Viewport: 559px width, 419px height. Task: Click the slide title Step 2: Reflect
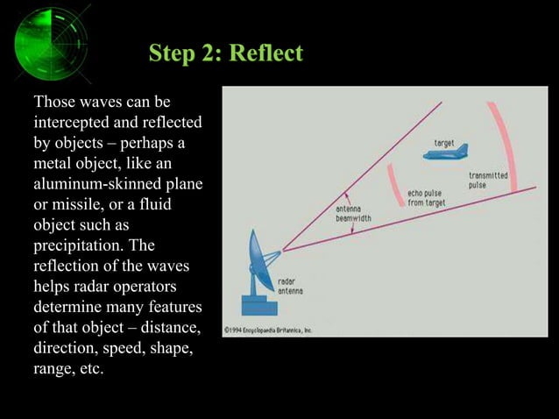[x=225, y=53]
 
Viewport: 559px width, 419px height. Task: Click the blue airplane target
[x=447, y=154]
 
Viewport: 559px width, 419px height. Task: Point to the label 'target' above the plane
[x=445, y=141]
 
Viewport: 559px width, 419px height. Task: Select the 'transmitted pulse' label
[x=488, y=181]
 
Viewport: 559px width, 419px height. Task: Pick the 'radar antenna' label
[x=291, y=287]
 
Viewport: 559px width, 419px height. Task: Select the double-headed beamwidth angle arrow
[x=350, y=213]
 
